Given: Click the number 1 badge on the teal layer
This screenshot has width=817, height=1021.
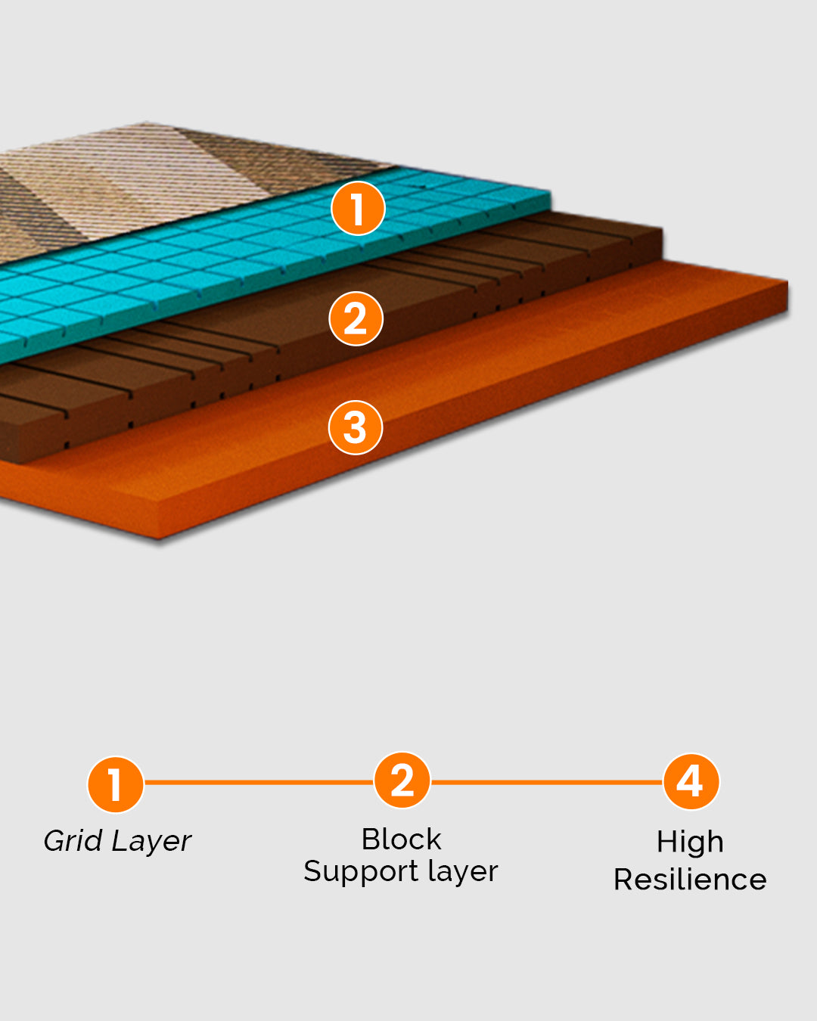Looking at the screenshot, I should click(x=358, y=208).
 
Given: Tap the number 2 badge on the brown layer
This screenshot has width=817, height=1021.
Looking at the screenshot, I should click(x=356, y=318).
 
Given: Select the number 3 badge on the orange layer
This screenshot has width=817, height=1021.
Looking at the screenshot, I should click(x=355, y=427).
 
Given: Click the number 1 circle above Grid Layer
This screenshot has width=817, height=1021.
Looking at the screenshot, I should click(x=116, y=784).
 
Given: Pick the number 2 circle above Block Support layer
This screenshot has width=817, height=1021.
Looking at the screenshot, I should click(x=402, y=780).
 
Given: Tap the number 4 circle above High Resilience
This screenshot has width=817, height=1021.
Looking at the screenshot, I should click(x=691, y=781).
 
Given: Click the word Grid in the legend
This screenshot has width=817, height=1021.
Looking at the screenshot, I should click(x=73, y=840).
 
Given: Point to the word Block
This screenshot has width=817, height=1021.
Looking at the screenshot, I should click(x=401, y=839).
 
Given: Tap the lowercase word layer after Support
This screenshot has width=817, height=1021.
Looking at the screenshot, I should click(x=462, y=871).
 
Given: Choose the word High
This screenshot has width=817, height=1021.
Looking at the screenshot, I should click(x=690, y=842).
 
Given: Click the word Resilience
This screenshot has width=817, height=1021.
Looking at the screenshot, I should click(x=690, y=880).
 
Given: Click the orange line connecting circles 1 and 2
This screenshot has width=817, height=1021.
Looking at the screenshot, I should click(x=259, y=782).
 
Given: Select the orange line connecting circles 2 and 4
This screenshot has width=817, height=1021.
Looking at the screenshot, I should click(x=546, y=782).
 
